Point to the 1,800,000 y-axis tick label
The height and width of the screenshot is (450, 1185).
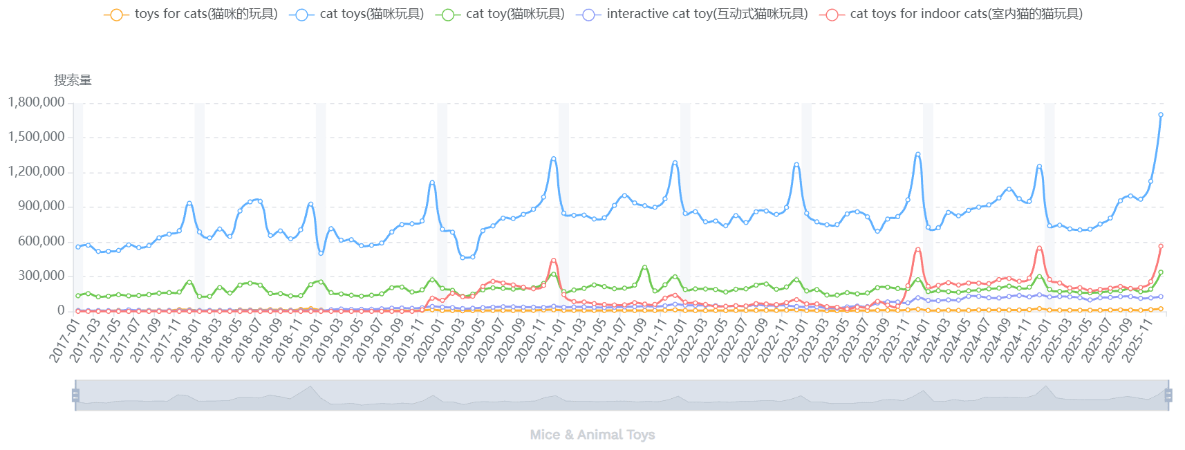[x=36, y=102]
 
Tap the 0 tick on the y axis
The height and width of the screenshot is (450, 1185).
[x=61, y=311]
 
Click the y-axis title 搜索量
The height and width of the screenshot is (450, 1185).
[x=73, y=80]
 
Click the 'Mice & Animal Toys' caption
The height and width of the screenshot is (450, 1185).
[x=592, y=435]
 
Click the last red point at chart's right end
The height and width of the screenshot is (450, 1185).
[x=1161, y=246]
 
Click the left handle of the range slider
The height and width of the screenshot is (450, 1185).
[x=75, y=395]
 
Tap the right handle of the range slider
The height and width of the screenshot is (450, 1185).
[x=1168, y=395]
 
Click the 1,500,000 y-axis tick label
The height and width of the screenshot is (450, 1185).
[x=36, y=137]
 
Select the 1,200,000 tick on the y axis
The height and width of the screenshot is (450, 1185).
[x=36, y=171]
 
